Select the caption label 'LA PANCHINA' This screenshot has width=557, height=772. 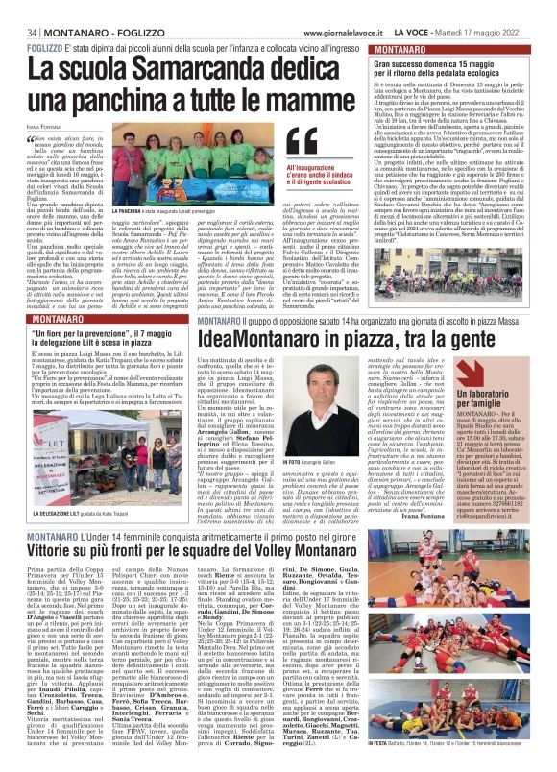coord(133,209)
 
